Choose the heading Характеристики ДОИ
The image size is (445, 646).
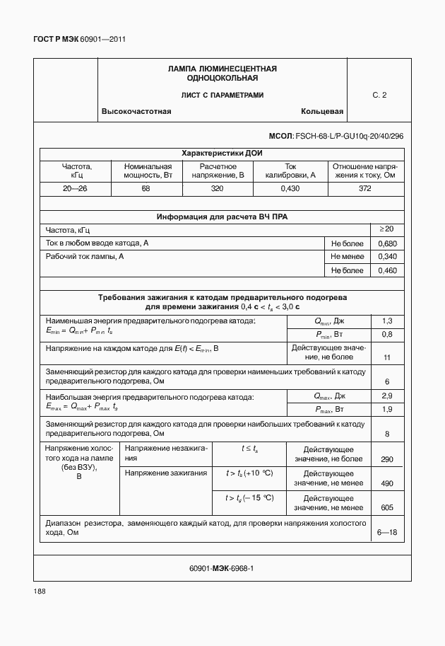(222, 153)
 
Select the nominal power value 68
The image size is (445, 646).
(146, 189)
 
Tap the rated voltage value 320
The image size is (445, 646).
(217, 189)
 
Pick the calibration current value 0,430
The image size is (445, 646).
(290, 189)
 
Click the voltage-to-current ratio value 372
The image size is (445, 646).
(364, 189)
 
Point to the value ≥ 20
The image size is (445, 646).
(386, 229)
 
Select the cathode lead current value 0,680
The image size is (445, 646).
(386, 243)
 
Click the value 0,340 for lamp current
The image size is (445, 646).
(386, 257)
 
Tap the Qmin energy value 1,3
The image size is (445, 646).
(386, 321)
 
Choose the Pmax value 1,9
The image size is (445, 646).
(386, 409)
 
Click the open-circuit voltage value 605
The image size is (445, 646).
(386, 508)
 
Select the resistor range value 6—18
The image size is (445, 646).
(386, 532)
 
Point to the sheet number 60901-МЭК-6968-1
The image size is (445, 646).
(222, 568)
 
